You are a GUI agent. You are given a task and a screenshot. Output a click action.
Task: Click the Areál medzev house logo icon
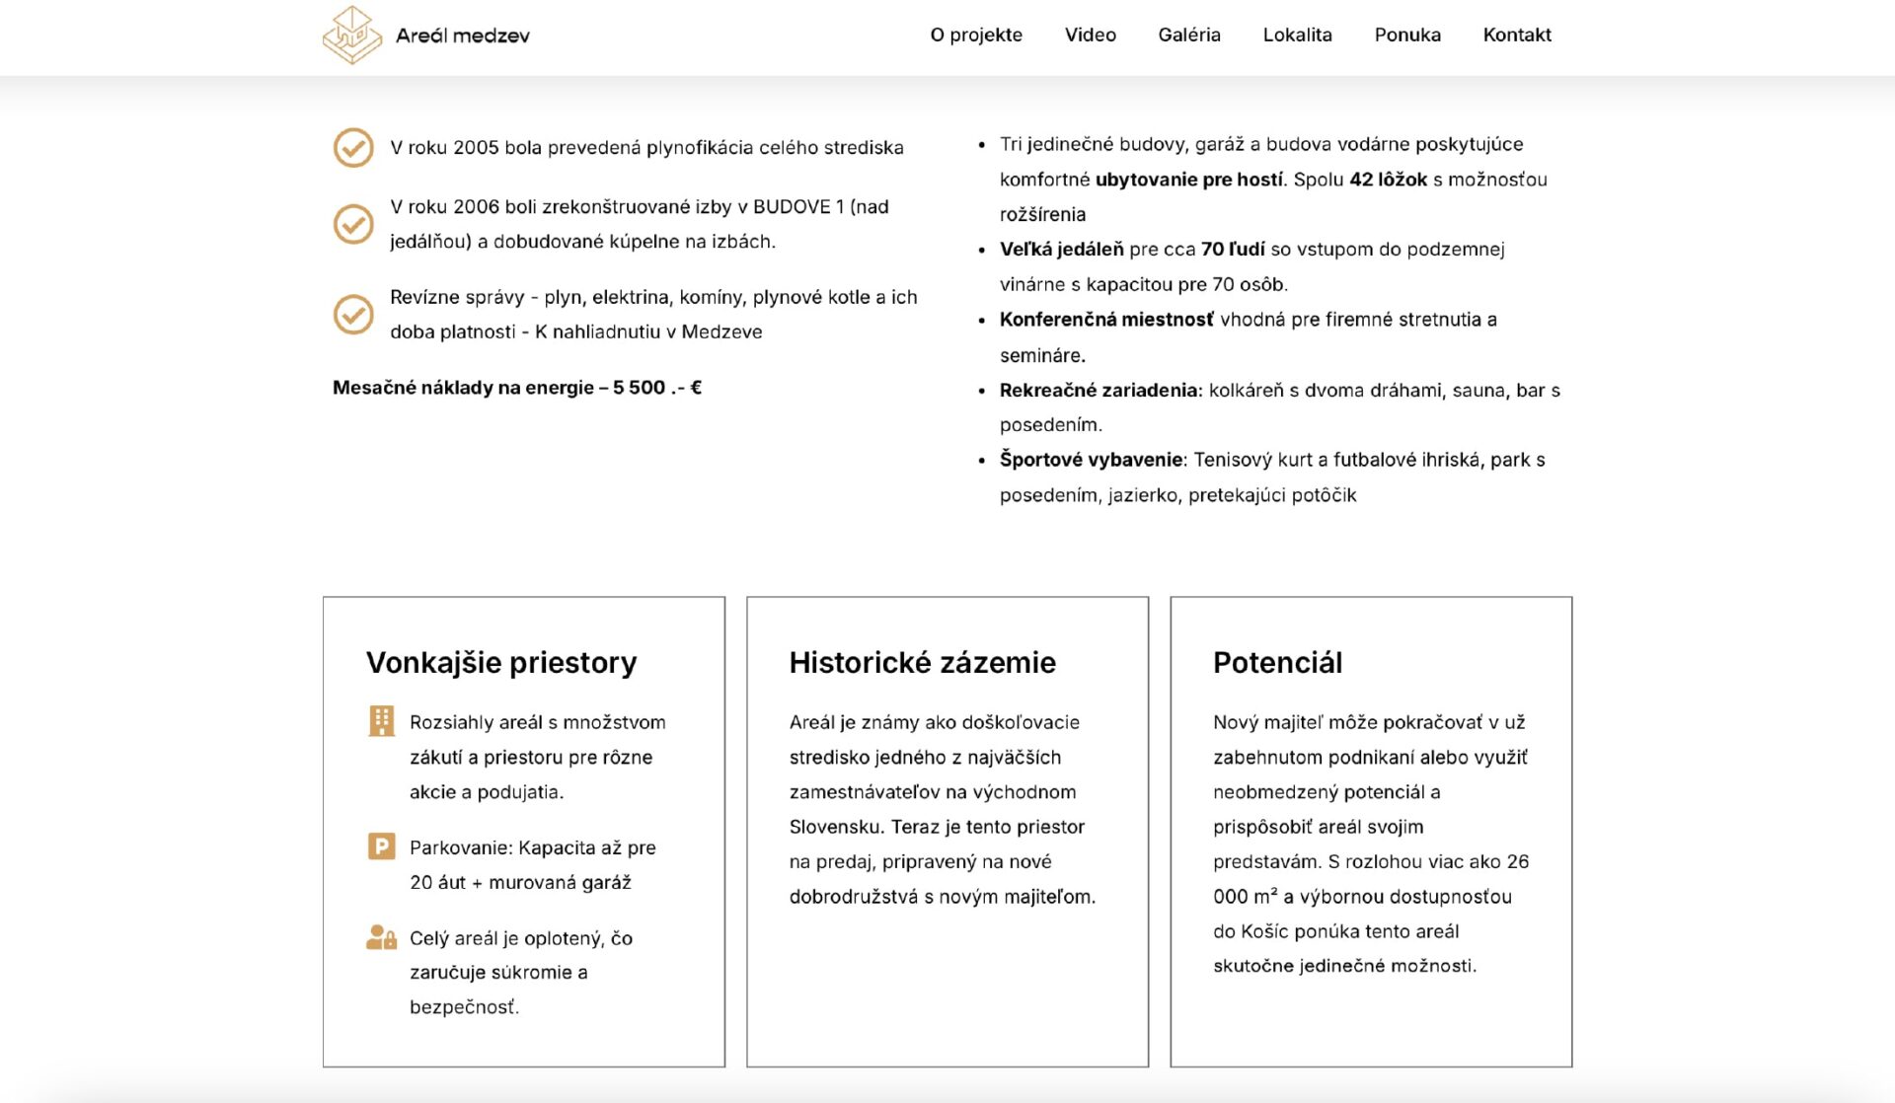tap(352, 36)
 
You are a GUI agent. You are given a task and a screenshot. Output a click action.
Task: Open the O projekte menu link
tap(976, 36)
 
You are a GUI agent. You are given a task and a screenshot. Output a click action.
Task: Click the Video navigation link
tap(1090, 36)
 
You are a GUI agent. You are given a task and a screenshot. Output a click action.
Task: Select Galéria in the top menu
tap(1188, 36)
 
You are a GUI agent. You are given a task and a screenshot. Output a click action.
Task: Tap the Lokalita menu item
tap(1297, 36)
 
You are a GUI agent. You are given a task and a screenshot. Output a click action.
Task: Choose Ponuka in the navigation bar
tap(1406, 36)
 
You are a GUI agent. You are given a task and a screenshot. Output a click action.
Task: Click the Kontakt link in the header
tap(1516, 36)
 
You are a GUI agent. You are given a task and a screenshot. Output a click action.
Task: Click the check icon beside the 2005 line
tap(353, 148)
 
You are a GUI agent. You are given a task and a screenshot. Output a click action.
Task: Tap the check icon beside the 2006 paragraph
tap(353, 224)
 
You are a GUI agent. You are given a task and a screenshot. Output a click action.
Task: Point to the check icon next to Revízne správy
tap(353, 315)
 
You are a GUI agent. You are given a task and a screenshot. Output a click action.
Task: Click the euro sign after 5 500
tap(696, 388)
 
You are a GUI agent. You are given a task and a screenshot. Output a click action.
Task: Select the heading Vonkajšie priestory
tap(501, 662)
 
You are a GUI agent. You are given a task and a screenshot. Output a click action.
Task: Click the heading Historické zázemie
tap(922, 662)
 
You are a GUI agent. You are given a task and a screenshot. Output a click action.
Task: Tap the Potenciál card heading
tap(1277, 662)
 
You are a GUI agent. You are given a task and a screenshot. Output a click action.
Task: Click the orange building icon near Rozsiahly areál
tap(381, 721)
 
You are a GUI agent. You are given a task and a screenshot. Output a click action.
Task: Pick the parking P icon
tap(381, 846)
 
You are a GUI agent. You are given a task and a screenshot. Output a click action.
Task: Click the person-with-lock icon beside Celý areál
tap(381, 937)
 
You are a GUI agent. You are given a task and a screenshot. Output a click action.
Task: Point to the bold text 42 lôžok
tap(1388, 180)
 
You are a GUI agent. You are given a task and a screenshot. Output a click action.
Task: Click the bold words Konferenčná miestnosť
tap(1106, 320)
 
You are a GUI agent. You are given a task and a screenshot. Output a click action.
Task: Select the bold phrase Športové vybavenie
tap(1091, 460)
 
